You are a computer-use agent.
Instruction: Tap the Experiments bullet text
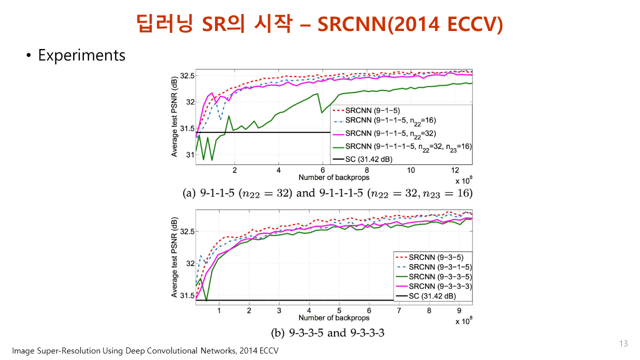(81, 55)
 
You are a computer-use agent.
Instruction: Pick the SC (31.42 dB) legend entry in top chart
(369, 159)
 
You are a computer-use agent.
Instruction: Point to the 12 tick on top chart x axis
(454, 170)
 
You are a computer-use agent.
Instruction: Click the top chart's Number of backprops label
(334, 177)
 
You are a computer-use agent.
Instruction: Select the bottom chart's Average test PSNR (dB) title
(174, 257)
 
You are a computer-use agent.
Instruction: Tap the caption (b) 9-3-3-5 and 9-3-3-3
(327, 332)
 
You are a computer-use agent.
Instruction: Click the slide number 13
(623, 343)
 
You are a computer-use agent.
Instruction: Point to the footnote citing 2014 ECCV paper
(145, 351)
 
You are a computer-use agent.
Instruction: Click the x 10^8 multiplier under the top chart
(463, 180)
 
